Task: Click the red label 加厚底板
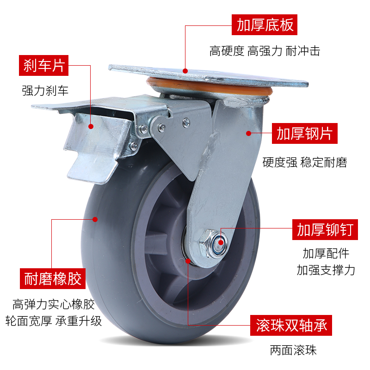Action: [265, 25]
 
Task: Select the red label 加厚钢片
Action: [304, 134]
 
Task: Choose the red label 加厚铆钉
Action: [325, 229]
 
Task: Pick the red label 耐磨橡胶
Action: [53, 278]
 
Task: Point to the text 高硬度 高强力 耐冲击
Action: [265, 50]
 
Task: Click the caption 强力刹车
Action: [45, 90]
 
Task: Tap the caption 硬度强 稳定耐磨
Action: [304, 162]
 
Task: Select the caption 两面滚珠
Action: [293, 351]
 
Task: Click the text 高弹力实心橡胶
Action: [53, 305]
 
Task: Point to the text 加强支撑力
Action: [326, 270]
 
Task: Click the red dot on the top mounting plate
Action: [185, 71]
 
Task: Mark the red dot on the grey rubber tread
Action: [96, 219]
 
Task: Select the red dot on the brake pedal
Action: [91, 126]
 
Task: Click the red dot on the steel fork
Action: [248, 133]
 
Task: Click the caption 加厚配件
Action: [326, 253]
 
